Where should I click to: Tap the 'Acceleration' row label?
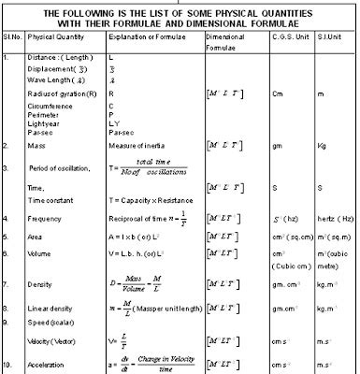(x=45, y=362)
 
